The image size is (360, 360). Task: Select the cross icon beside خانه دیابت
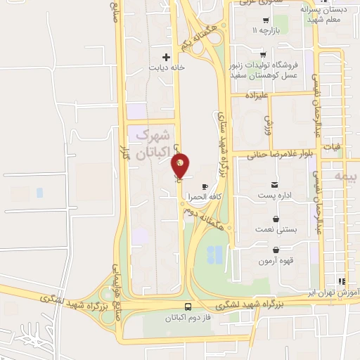tap(167, 57)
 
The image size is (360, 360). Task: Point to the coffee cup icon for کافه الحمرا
tap(205, 186)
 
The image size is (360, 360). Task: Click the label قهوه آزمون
tap(275, 261)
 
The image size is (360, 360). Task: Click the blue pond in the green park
tap(217, 253)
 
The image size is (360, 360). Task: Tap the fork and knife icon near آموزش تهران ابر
tap(342, 280)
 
